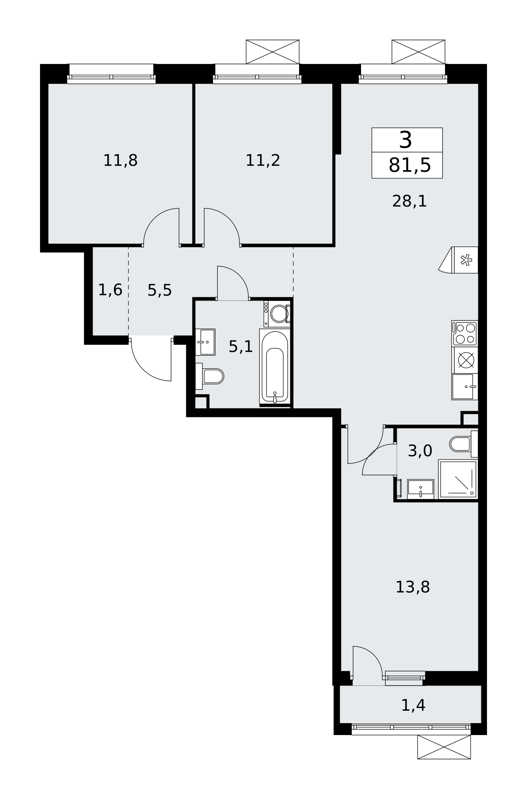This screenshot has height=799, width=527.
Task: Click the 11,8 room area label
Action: coord(120,161)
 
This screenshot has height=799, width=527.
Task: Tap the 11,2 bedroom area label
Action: coord(263,161)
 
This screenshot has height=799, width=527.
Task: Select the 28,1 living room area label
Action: coord(409,201)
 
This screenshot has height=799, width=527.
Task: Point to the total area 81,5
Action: coord(410,165)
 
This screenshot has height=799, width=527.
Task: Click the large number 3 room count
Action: coord(406,140)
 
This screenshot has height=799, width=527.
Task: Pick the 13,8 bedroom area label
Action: coord(413,587)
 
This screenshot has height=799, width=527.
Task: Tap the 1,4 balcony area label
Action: coord(413,706)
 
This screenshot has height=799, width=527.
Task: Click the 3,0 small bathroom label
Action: coord(420,451)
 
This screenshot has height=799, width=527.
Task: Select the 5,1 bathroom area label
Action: coord(241,346)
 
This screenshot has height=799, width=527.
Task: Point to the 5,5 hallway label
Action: coord(160,290)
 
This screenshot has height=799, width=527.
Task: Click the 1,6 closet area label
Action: coord(110,290)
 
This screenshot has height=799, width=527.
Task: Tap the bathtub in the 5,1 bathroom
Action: coord(274,366)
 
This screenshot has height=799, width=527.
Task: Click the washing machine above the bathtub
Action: coord(277,314)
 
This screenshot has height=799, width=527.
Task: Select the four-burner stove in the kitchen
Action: coord(465,333)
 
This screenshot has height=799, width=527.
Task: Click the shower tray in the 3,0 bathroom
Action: coord(458,479)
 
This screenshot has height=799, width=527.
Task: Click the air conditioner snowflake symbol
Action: coord(466,260)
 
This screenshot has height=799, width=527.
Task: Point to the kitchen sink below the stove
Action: coord(465,387)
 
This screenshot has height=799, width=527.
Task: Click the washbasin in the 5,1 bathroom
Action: coord(205,342)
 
